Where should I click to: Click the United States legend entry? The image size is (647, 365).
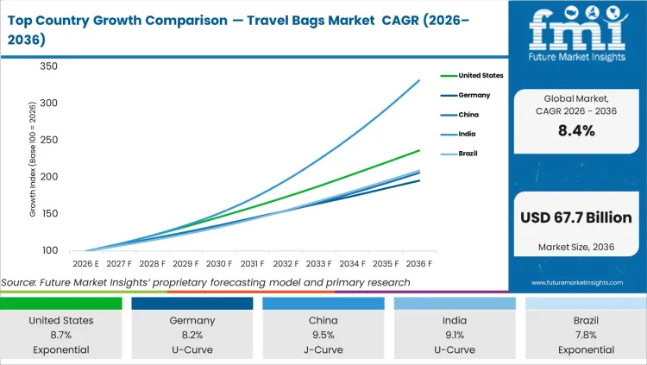pos(481,76)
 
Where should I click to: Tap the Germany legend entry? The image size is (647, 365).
pos(474,96)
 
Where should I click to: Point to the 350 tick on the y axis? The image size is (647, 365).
pos(48,66)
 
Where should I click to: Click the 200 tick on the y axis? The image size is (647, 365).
pos(48,177)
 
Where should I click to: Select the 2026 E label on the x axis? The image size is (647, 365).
pos(85,264)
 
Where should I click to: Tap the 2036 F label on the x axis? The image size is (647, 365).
pos(419,264)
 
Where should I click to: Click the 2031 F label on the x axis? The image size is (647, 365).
pos(253,264)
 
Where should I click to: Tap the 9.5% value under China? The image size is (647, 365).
pos(323,335)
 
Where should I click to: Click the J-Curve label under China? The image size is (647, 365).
pos(323,350)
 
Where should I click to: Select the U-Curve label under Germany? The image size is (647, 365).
pos(192,350)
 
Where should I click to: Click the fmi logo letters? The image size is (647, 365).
pos(575,28)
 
